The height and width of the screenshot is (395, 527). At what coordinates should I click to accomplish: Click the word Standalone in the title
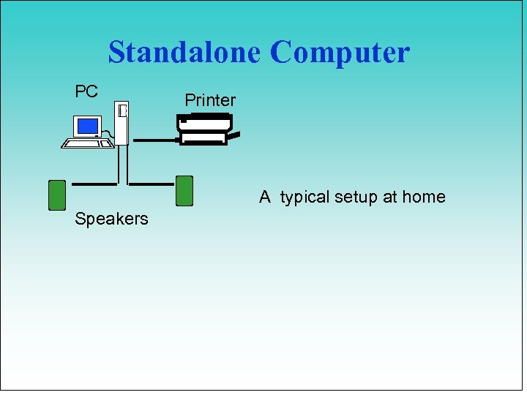[185, 53]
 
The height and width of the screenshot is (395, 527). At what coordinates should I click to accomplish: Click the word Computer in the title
[340, 53]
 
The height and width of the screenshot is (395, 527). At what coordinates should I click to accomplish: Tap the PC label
[86, 92]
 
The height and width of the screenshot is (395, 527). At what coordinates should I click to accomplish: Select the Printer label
[210, 100]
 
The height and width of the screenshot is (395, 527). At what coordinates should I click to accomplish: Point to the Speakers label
[111, 219]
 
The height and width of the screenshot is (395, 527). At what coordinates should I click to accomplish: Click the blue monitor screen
[88, 127]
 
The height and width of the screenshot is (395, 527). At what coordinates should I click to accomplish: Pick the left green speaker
[57, 195]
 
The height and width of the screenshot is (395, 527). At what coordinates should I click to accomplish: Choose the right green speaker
[184, 191]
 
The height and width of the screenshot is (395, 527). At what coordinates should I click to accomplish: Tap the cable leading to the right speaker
[151, 183]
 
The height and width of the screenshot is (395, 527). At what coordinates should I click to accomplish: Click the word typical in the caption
[306, 197]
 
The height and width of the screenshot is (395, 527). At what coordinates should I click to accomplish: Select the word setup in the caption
[359, 197]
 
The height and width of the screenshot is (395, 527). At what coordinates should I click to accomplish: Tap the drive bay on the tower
[123, 111]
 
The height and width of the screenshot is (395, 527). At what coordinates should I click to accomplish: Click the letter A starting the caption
[265, 197]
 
